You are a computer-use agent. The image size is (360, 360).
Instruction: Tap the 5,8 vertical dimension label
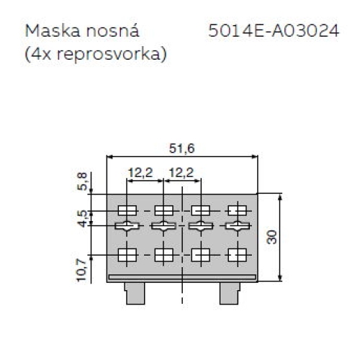point(81,181)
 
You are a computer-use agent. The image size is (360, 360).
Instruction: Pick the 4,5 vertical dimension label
point(81,218)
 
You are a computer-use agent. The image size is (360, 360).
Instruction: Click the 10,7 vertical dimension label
point(81,268)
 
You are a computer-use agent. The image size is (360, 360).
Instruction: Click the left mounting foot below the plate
point(134,293)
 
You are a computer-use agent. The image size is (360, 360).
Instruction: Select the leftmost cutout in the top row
point(127,210)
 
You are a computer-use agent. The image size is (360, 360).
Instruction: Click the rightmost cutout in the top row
point(237,210)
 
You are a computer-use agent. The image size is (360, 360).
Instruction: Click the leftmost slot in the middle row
point(127,227)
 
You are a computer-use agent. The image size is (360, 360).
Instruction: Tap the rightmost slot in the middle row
point(237,227)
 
